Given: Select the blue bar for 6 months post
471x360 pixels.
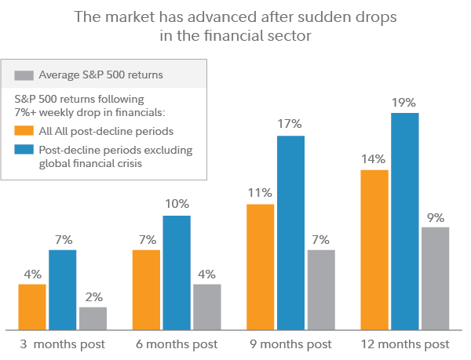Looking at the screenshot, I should click(177, 271).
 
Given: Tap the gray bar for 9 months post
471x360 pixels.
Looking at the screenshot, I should click(321, 289).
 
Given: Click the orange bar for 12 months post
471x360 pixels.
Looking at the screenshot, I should click(374, 249).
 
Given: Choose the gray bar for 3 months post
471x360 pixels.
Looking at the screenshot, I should click(93, 318).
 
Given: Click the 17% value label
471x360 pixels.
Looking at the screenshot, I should click(290, 124).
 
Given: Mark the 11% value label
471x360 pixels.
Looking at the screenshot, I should click(260, 192).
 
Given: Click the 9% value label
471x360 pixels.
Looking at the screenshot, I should click(435, 216).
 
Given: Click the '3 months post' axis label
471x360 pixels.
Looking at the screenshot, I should click(63, 344).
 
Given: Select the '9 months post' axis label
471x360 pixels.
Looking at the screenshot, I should click(290, 344).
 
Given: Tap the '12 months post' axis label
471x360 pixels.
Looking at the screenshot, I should click(405, 344).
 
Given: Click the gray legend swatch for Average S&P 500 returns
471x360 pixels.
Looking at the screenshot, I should click(24, 76).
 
